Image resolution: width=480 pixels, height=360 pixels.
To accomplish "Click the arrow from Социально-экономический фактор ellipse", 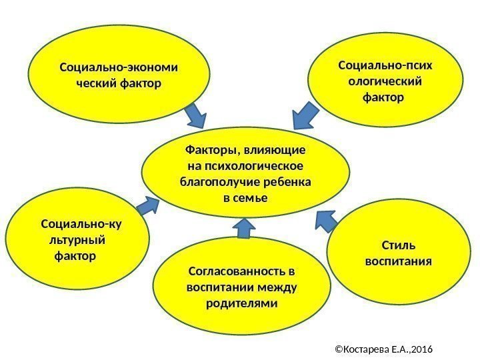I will (196, 115).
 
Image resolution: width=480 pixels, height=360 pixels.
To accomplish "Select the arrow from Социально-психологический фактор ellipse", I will (306, 115).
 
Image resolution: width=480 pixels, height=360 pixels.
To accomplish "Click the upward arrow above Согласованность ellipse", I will (244, 229).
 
